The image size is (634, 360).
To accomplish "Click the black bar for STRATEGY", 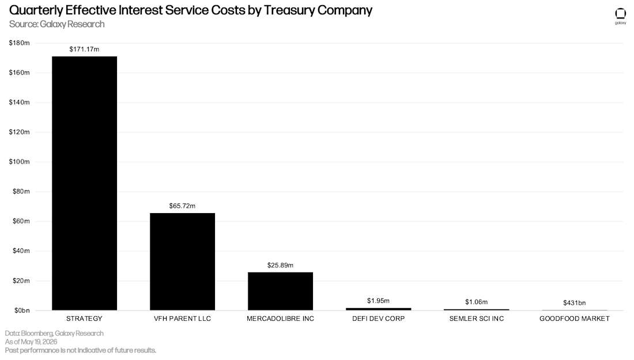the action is pyautogui.click(x=85, y=183).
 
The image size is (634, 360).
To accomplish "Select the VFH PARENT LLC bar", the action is pyautogui.click(x=182, y=262).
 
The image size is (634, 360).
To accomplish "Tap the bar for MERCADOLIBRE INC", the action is pyautogui.click(x=280, y=291).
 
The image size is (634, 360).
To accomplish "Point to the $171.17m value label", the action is pyautogui.click(x=84, y=50).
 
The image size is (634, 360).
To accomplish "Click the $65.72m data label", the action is pyautogui.click(x=182, y=206).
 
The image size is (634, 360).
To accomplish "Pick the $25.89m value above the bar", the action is pyautogui.click(x=280, y=266).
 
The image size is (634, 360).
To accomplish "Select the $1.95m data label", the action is pyautogui.click(x=379, y=301).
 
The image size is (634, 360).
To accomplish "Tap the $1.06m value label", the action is pyautogui.click(x=476, y=302).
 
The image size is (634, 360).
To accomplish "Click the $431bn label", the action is pyautogui.click(x=574, y=302).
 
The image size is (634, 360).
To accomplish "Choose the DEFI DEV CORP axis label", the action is pyautogui.click(x=379, y=319).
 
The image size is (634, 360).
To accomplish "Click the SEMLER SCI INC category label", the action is pyautogui.click(x=476, y=319).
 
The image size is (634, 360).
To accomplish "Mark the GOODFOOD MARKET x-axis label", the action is pyautogui.click(x=574, y=319).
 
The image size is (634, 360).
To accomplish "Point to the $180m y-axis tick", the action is pyautogui.click(x=19, y=43).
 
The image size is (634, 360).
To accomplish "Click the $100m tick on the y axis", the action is pyautogui.click(x=19, y=162).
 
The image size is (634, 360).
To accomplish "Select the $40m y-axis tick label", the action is pyautogui.click(x=21, y=251).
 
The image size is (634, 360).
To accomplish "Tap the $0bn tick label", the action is pyautogui.click(x=22, y=310).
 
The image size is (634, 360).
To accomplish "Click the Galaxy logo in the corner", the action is pyautogui.click(x=620, y=16).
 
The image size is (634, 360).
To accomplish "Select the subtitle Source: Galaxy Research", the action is pyautogui.click(x=56, y=24).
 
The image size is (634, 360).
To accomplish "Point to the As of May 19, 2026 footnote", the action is pyautogui.click(x=31, y=342).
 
